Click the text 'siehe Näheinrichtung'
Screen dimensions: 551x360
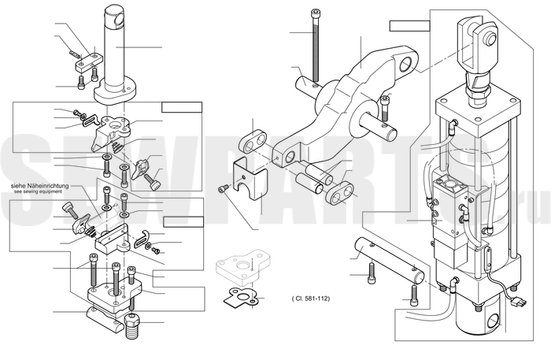39,186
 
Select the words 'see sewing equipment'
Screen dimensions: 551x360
38,191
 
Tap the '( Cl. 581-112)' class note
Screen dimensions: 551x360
311,299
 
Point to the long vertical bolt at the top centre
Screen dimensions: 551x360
315,46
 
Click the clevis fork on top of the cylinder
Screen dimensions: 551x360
478,44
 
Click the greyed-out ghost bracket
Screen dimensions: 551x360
243,267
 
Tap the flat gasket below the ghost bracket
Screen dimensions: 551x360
242,297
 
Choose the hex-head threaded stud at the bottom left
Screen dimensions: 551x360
132,326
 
